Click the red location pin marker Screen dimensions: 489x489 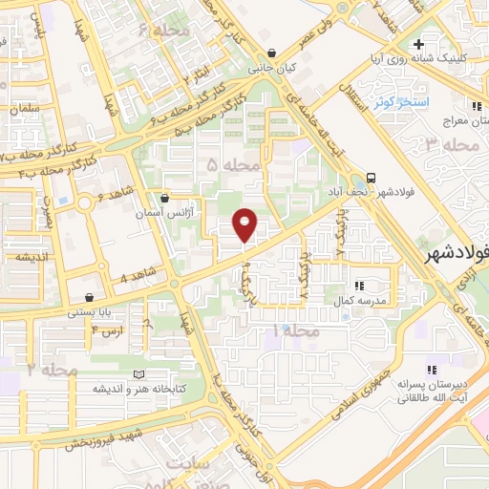coord(245,223)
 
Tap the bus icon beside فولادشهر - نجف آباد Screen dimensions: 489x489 coord(371,178)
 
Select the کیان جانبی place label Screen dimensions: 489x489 coord(274,70)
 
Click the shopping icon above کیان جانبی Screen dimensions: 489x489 coord(275,53)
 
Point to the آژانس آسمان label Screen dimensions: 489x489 coord(163,214)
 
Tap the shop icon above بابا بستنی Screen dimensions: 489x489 coord(90,296)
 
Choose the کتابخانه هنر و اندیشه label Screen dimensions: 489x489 coord(138,390)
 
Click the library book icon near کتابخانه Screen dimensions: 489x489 coord(139,373)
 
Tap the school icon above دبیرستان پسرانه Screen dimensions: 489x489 coord(431,369)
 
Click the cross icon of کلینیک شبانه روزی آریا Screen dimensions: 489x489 coord(418,44)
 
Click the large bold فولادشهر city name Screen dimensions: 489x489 coord(457,254)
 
